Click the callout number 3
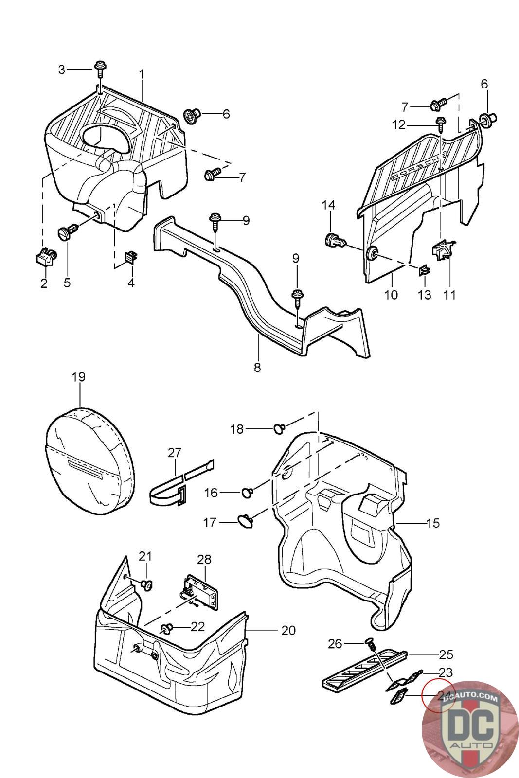click(x=61, y=70)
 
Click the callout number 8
click(x=257, y=367)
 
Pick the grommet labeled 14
click(x=334, y=240)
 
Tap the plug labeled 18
click(x=279, y=428)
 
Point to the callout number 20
click(x=288, y=630)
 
